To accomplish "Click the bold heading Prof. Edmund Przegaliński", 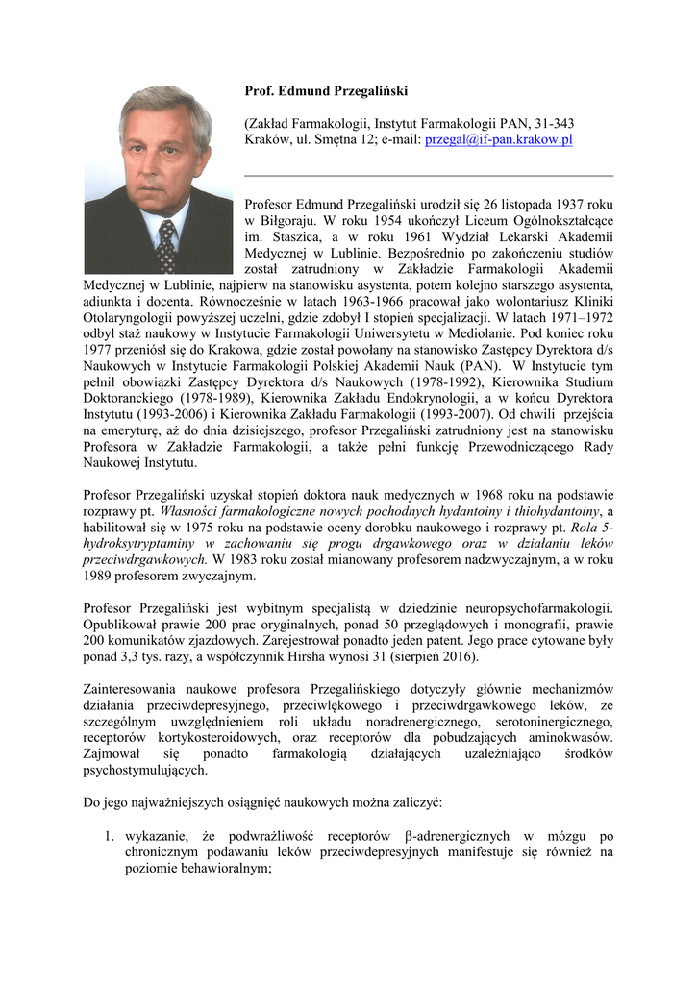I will [326, 91].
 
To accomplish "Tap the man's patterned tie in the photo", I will [166, 245].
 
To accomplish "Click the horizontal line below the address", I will [429, 176].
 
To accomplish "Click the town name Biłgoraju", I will [289, 221].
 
